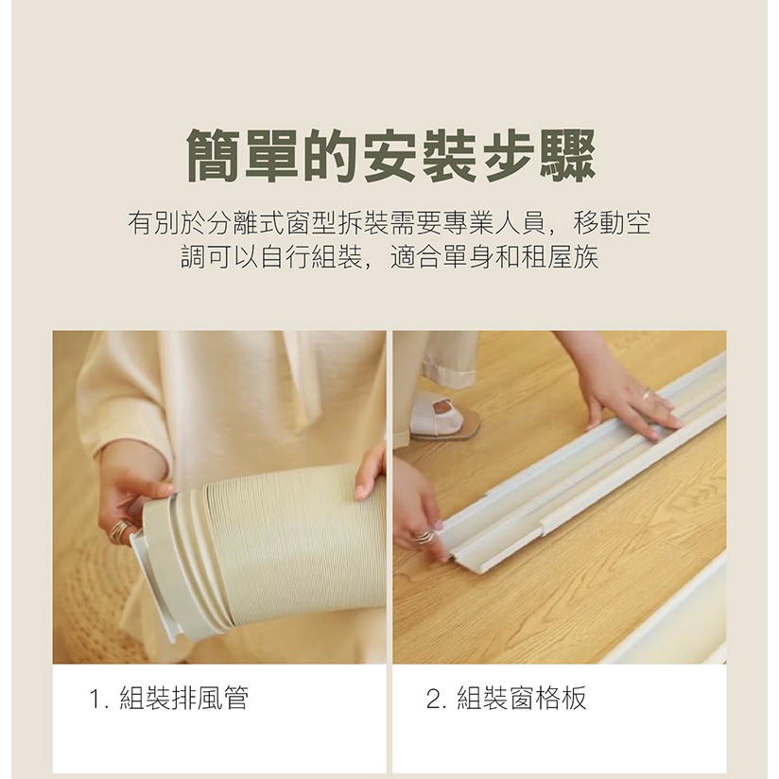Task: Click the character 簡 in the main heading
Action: coord(214,155)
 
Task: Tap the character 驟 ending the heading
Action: coord(567,155)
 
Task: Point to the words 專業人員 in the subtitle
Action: coord(494,223)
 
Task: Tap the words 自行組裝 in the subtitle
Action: coord(312,257)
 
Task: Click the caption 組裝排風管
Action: coord(183,698)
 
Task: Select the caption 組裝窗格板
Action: coord(522,698)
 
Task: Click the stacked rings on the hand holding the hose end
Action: coord(119,531)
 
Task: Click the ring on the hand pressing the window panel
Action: coord(645,395)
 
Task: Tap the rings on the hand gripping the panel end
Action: coord(424,537)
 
